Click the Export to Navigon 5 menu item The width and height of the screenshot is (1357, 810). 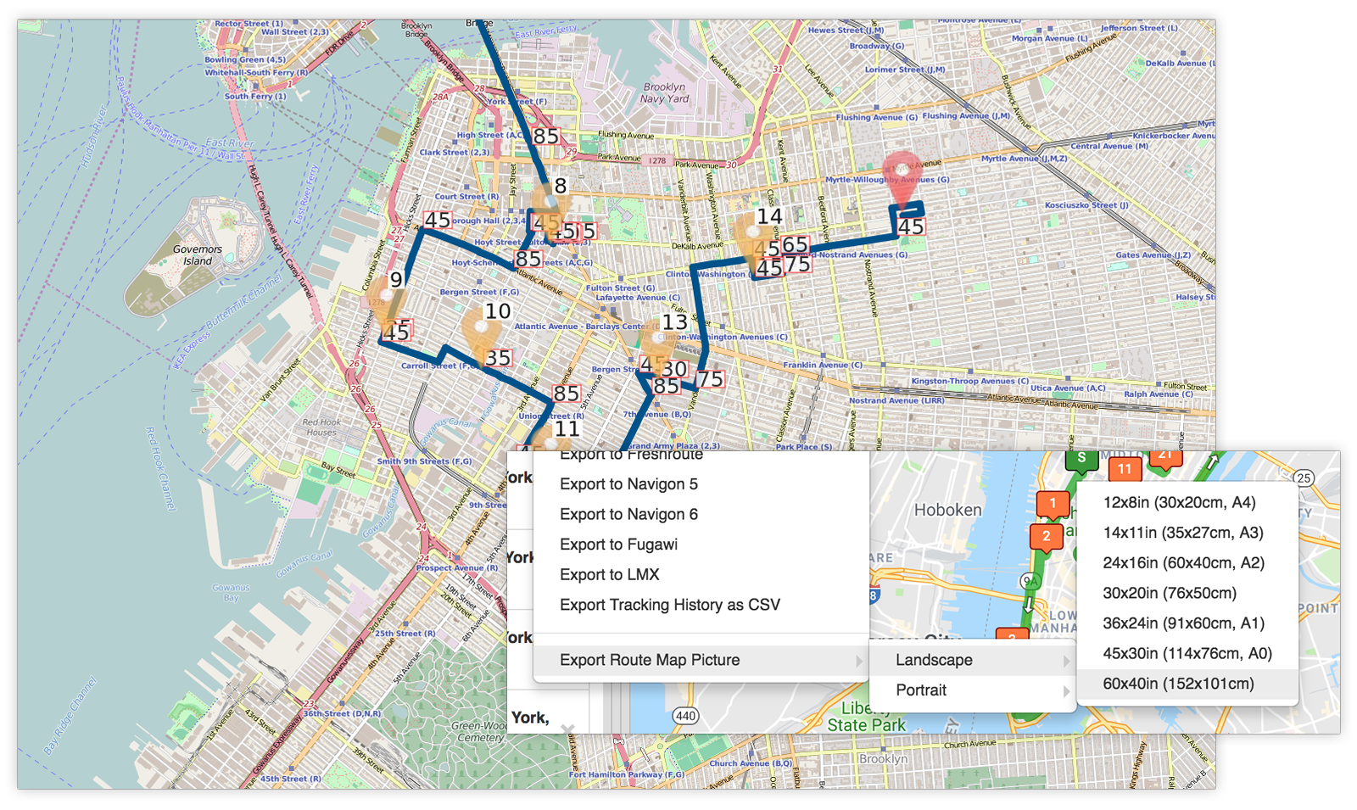628,484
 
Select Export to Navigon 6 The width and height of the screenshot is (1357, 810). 628,515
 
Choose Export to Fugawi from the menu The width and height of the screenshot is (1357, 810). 618,545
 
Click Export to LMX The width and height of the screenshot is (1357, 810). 609,575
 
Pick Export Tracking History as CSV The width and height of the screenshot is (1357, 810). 669,605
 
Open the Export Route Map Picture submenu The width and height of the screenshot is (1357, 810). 650,660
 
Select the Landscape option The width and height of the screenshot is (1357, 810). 934,660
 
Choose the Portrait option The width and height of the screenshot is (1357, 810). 921,690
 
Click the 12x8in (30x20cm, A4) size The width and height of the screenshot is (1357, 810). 1179,503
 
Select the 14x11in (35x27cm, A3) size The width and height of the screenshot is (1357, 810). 1182,533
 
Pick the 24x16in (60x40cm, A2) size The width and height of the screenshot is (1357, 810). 1183,563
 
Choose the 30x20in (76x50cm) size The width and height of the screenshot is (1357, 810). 1169,593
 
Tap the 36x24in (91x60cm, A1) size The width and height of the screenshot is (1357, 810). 1183,623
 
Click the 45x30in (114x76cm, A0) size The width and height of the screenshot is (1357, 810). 1187,653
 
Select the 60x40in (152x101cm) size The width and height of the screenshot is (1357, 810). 1178,684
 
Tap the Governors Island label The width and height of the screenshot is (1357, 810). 198,255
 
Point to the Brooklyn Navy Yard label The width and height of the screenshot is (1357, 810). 666,92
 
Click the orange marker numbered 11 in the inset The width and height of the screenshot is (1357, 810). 1125,469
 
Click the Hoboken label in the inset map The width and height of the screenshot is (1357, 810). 947,510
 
